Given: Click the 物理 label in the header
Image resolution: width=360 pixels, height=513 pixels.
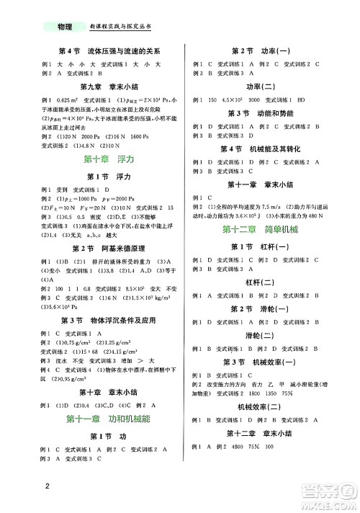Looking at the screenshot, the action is point(64,27).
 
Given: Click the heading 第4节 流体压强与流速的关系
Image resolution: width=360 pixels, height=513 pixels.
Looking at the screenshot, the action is point(99,52).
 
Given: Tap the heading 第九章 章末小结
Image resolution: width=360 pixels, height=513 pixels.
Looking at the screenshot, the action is point(99,84).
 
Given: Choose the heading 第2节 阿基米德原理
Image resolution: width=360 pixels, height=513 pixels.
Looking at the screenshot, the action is point(99,246).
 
